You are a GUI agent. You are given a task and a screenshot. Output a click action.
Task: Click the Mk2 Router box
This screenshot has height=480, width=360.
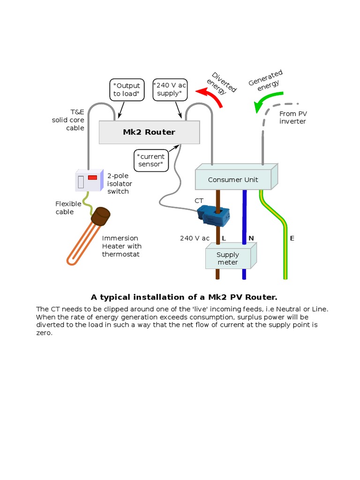coord(149,132)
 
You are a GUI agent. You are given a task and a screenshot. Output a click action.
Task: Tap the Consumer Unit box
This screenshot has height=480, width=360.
coord(233,180)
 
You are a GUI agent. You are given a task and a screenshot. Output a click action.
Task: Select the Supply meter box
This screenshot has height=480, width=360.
coord(228,259)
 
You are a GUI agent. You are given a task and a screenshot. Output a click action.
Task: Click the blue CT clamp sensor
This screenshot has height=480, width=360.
coord(213,213)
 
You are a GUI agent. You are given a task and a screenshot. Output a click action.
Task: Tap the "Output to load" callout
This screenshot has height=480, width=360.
coord(127,90)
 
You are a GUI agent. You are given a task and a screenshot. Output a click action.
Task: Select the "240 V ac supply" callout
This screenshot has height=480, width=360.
coord(170,90)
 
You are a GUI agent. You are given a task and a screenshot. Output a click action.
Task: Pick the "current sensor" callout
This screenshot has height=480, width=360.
coord(151,160)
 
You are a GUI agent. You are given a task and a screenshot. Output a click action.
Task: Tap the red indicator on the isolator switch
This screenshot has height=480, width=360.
coord(93,178)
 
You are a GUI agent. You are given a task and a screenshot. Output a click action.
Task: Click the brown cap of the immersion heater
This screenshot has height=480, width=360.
coord(100,216)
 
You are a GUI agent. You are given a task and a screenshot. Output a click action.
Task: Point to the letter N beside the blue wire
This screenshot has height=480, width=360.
coord(251,238)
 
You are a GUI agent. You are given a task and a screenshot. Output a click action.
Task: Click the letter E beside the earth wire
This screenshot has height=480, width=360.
coord(292,238)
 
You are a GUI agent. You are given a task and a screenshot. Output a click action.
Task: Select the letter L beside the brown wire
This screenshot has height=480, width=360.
coord(224,238)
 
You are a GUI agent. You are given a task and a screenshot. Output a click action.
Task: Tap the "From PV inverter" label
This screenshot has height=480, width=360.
coord(292,118)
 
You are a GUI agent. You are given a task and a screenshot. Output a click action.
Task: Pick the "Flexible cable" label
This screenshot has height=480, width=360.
coord(68,208)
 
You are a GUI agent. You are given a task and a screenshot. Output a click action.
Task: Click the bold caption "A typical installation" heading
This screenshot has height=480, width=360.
coord(184,297)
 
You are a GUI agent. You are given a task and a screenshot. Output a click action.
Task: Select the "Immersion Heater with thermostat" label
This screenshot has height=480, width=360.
coord(122,246)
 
